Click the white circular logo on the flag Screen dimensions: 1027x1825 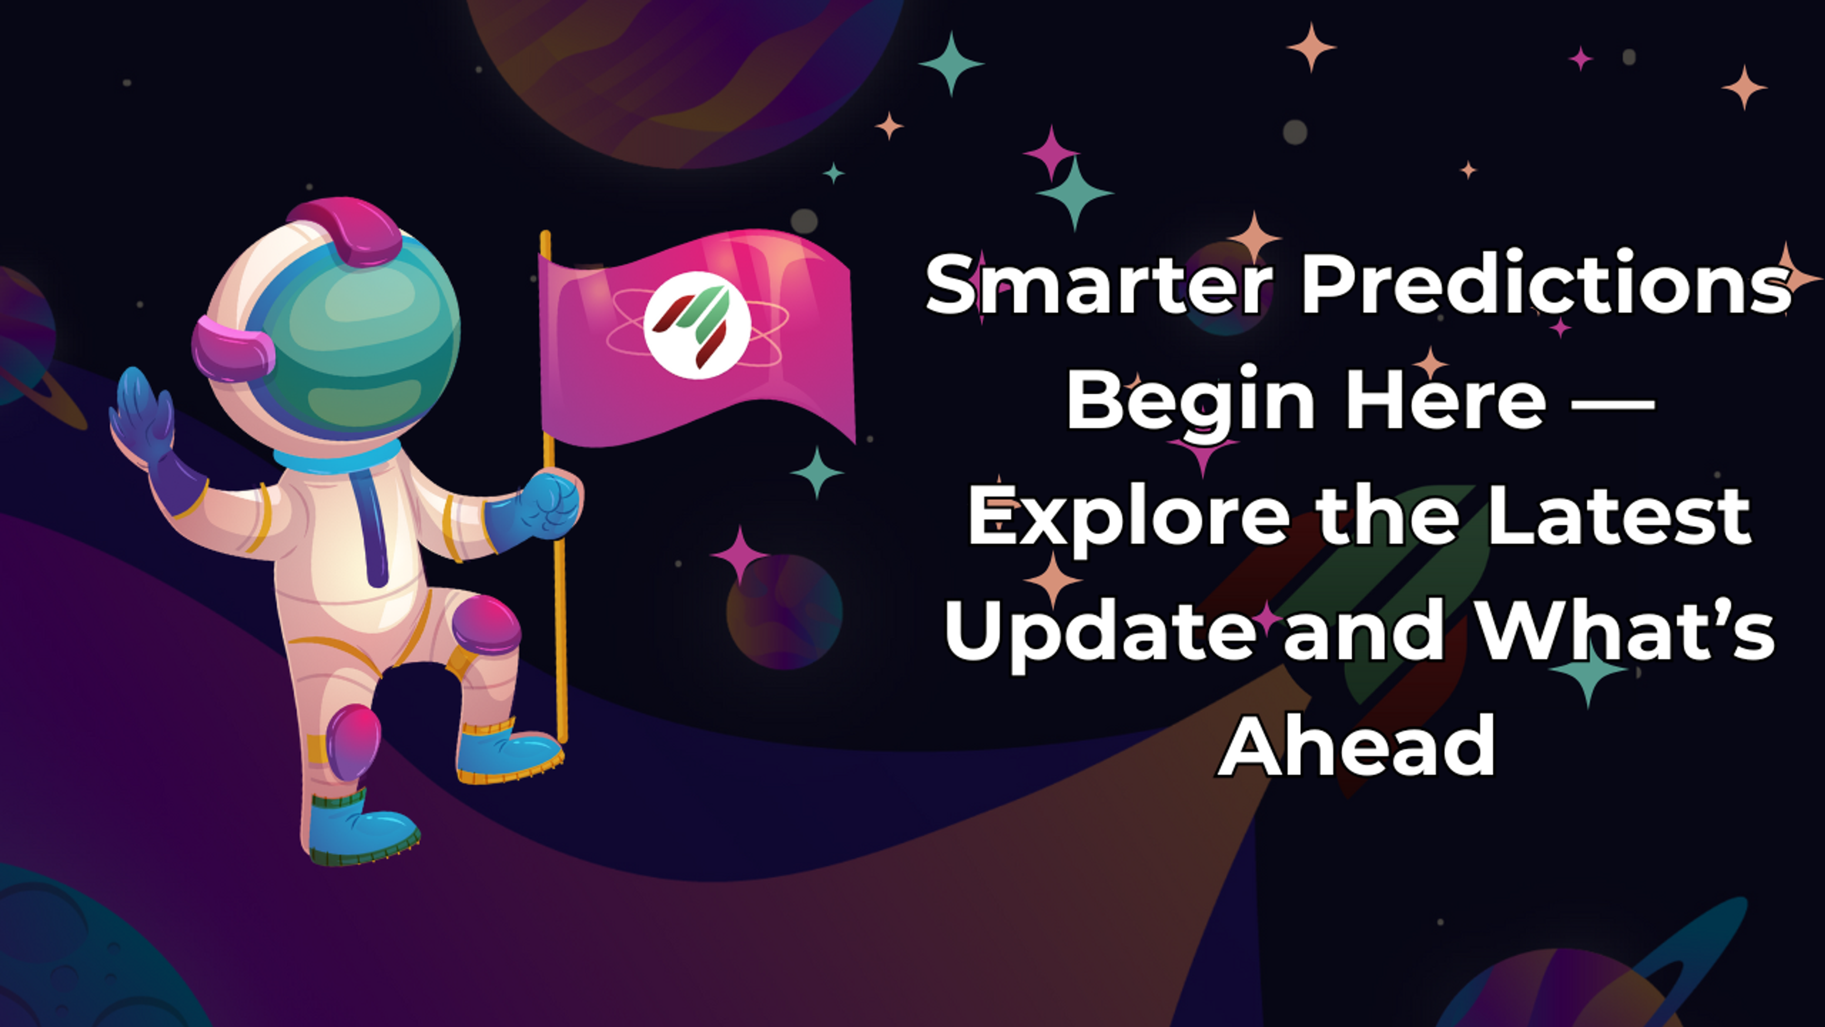point(697,325)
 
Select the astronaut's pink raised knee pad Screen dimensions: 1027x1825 point(488,624)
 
